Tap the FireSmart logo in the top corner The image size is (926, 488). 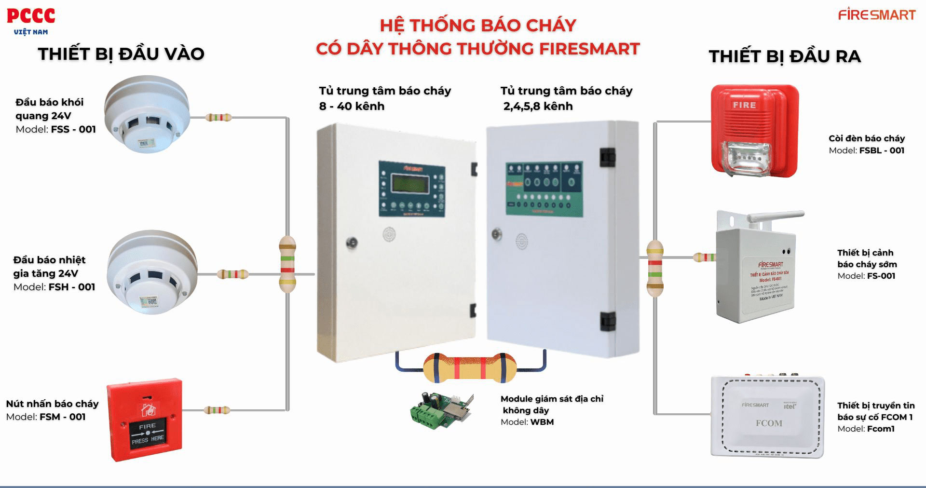[876, 14]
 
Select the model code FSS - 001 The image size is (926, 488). [73, 129]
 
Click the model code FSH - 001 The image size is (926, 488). [72, 287]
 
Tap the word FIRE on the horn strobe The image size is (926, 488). [744, 105]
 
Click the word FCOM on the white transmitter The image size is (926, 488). [769, 423]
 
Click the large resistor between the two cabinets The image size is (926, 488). [469, 367]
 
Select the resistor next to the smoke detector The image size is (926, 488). [218, 117]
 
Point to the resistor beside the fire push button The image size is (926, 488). [217, 410]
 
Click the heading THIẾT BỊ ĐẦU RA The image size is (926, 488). [785, 56]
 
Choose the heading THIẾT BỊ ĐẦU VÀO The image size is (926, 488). [121, 54]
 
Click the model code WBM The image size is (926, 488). [542, 422]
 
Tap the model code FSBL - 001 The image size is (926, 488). [882, 150]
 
